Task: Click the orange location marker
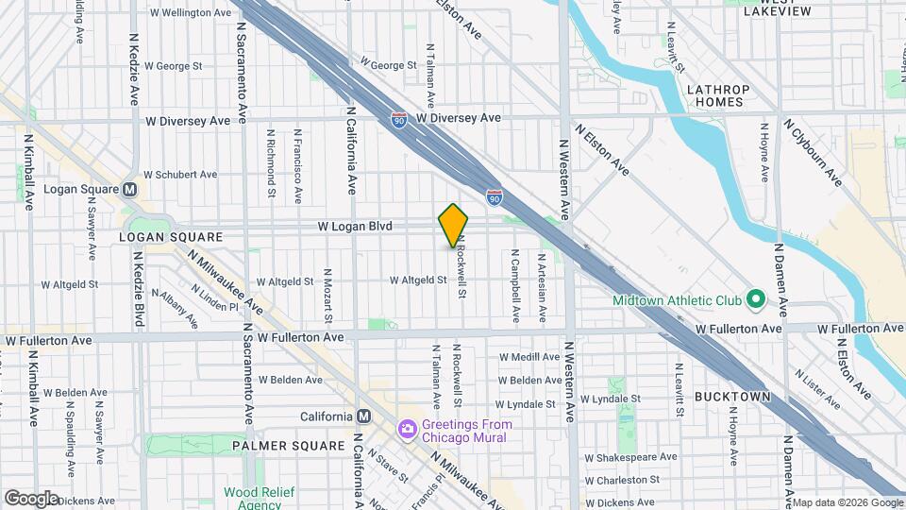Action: (x=453, y=225)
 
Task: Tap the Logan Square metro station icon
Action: (x=130, y=189)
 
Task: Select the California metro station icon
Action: (x=364, y=416)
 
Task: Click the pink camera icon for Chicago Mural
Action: (x=408, y=430)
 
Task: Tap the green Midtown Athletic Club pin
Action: (x=754, y=301)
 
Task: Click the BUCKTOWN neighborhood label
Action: (x=732, y=398)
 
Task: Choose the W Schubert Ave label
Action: (x=180, y=175)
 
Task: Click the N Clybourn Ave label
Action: (x=813, y=151)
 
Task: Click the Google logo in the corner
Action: (x=31, y=498)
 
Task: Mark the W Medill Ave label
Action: (x=529, y=357)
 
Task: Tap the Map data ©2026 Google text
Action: (x=847, y=502)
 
